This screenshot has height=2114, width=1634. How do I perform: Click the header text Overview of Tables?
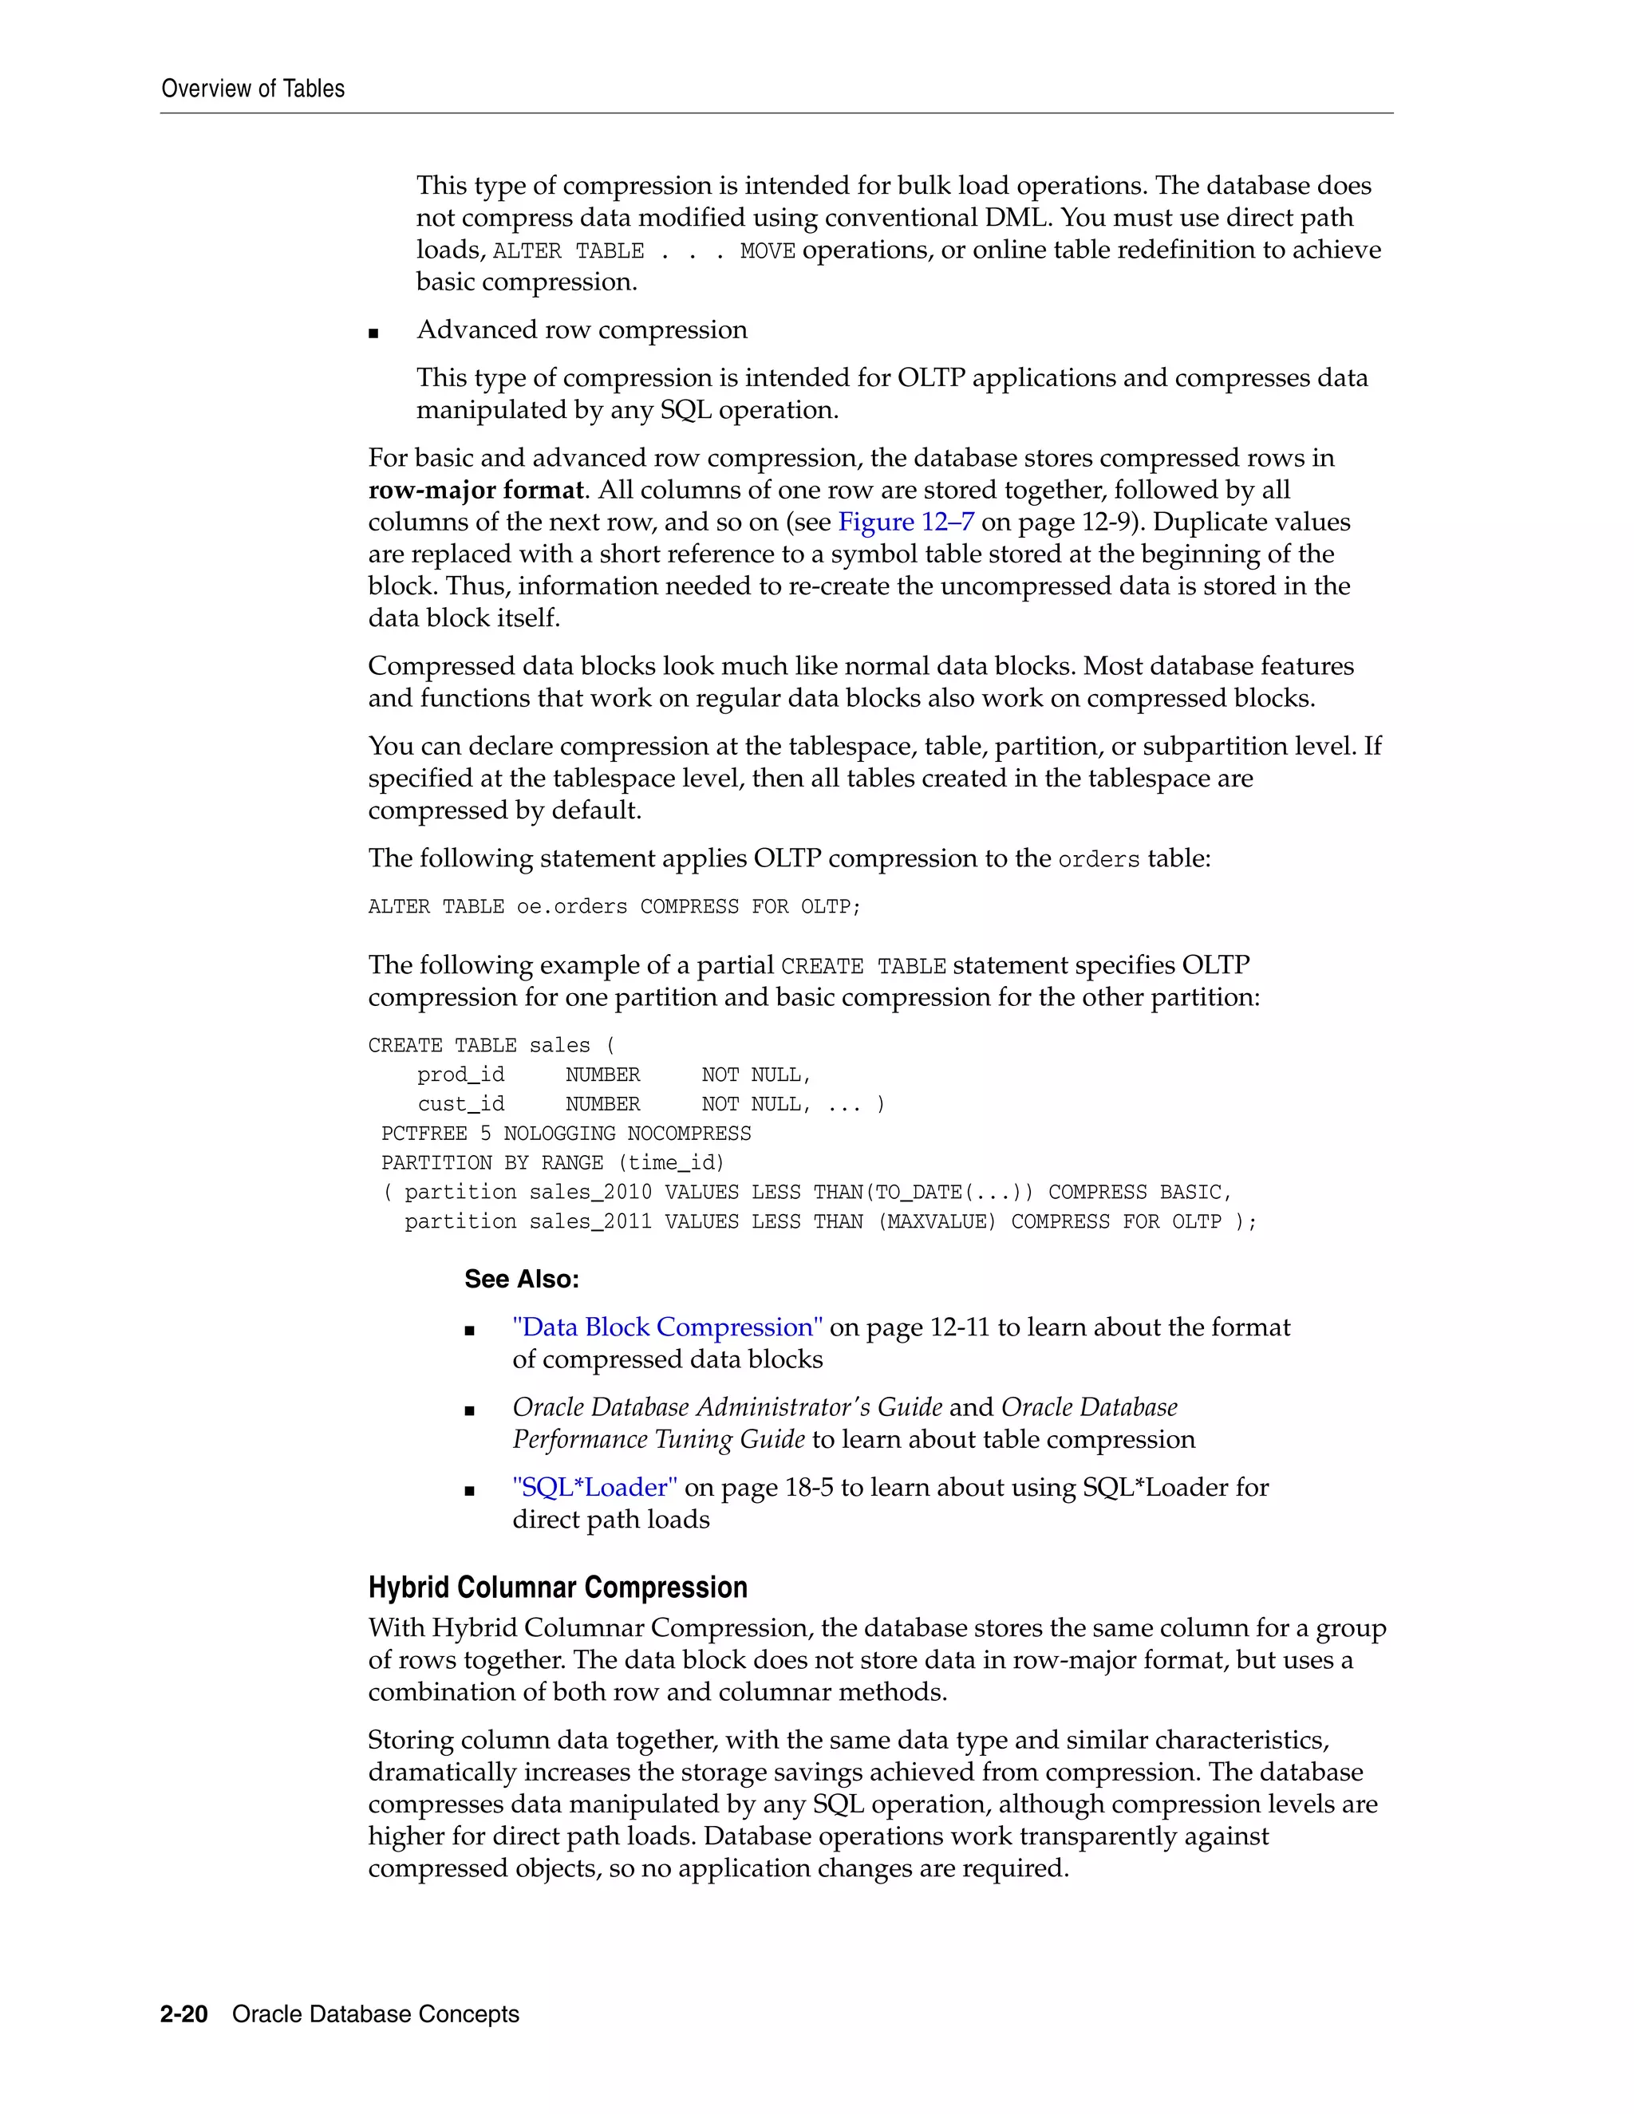253,89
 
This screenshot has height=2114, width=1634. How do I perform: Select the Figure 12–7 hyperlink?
905,522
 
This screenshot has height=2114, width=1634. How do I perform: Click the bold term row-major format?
476,490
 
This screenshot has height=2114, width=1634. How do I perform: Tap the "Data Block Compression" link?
668,1327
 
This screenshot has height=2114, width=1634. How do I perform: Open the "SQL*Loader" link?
594,1487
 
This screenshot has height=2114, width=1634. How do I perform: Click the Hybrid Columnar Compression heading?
558,1587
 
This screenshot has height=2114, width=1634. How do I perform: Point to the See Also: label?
521,1279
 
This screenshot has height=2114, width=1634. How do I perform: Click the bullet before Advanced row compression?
373,333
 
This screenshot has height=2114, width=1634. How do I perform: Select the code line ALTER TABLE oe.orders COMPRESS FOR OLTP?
614,907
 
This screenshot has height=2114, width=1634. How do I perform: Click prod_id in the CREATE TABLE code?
461,1075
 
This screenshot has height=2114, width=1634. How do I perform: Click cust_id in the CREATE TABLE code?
461,1104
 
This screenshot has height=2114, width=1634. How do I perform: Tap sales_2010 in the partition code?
590,1193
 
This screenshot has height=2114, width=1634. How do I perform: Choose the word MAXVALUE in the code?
936,1221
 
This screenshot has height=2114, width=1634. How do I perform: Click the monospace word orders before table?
1099,859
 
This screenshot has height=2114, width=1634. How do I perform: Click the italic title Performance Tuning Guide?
658,1439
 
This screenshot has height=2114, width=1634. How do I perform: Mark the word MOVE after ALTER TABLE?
767,251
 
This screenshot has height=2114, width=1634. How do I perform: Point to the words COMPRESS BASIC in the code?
1138,1193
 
